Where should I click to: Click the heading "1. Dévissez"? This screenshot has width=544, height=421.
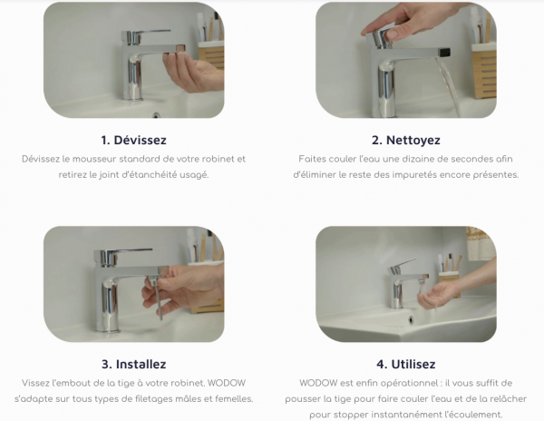pyautogui.click(x=133, y=140)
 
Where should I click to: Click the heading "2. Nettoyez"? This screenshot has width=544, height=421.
pyautogui.click(x=406, y=140)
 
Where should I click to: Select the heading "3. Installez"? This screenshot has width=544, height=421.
pyautogui.click(x=133, y=364)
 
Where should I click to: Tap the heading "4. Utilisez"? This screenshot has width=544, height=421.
pyautogui.click(x=406, y=364)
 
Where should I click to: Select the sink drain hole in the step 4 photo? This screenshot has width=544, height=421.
pyautogui.click(x=411, y=319)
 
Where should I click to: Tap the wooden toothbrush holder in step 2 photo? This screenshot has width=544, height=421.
pyautogui.click(x=484, y=70)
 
